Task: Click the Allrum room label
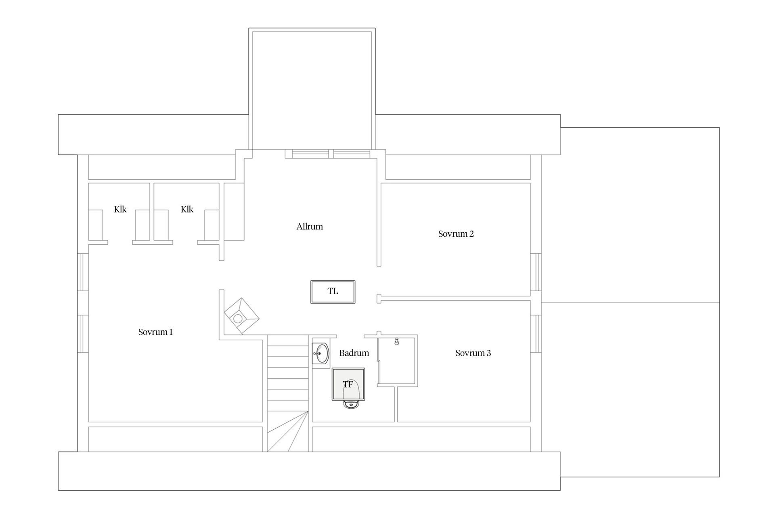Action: (x=310, y=227)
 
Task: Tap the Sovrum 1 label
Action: (x=155, y=332)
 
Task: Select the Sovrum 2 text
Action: (x=456, y=234)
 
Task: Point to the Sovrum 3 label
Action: (x=473, y=353)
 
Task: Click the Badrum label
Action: (x=354, y=353)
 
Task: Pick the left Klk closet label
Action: (x=120, y=209)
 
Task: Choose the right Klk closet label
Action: (x=187, y=209)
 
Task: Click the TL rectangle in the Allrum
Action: (x=333, y=292)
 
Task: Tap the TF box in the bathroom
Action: (x=348, y=384)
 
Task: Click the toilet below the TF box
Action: (x=351, y=404)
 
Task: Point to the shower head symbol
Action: (x=397, y=342)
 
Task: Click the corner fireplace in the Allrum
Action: (x=241, y=315)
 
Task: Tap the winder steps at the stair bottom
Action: (x=288, y=431)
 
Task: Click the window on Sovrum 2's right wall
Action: (x=536, y=272)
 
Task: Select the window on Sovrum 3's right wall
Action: (x=536, y=334)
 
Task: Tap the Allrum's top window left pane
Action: (x=310, y=154)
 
